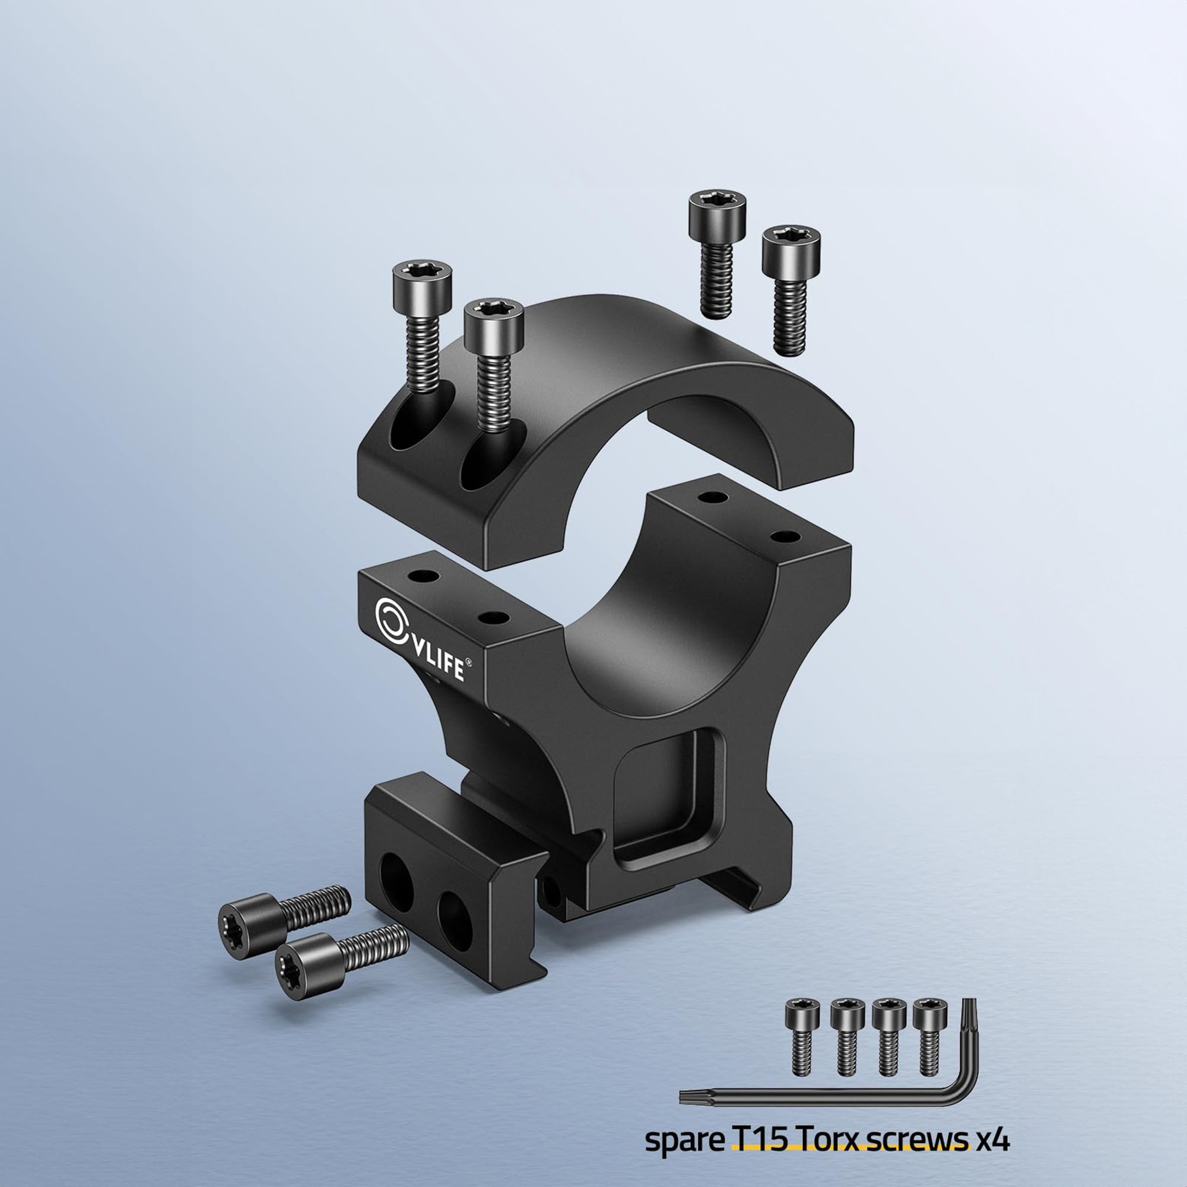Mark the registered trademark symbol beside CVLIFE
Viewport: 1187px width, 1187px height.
(469, 662)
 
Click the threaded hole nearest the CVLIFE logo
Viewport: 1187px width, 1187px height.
(424, 577)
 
